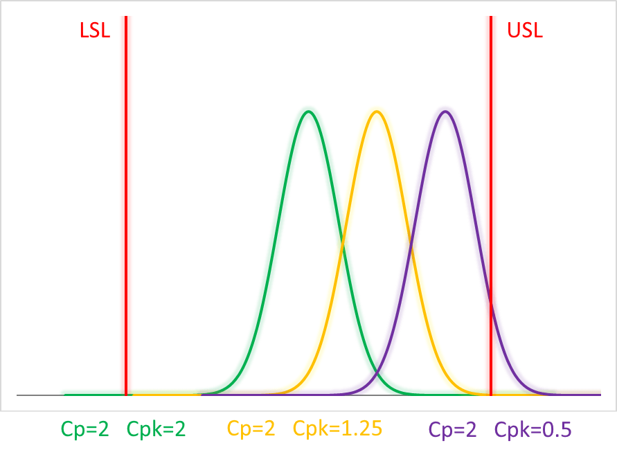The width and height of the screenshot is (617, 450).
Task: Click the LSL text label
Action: tap(95, 31)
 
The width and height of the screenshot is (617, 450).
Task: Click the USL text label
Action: tap(525, 31)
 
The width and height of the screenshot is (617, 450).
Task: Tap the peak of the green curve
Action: tap(308, 111)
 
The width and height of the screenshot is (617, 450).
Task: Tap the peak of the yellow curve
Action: tap(377, 111)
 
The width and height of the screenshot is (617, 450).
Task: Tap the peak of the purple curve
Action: tap(445, 111)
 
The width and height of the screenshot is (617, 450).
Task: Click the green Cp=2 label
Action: tap(85, 429)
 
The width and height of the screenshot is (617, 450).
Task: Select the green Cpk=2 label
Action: tap(156, 429)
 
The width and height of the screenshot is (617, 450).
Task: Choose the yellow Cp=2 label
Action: tap(251, 429)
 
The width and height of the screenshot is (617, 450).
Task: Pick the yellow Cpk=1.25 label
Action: tap(337, 429)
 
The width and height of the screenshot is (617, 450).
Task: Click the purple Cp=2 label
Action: tap(452, 429)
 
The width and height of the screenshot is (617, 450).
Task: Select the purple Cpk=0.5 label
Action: tap(533, 429)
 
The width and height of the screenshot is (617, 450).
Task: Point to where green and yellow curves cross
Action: tap(342, 245)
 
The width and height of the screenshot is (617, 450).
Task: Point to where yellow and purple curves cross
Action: tap(411, 245)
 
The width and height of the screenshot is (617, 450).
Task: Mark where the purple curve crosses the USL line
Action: tap(491, 302)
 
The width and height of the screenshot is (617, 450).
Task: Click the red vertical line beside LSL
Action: tap(126, 208)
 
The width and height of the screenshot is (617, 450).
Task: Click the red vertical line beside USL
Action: tap(491, 173)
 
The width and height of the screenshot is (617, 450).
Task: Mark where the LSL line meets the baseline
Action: tap(126, 395)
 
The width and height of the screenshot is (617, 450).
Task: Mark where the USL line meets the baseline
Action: tap(491, 395)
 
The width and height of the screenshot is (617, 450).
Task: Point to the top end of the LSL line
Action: tap(126, 17)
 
